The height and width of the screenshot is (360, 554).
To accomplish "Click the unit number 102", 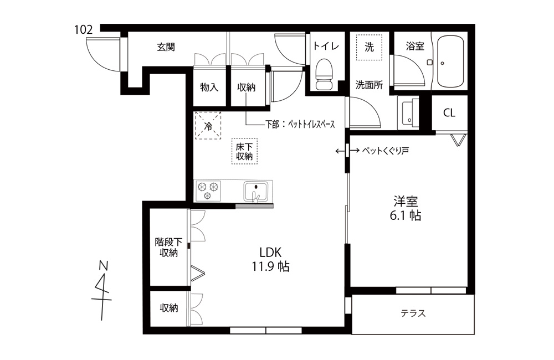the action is click(84, 30).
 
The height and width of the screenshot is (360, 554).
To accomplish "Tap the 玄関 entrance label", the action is click(166, 47).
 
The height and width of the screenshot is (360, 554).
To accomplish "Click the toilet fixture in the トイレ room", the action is click(324, 74).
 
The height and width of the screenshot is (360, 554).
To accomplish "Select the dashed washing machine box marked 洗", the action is click(369, 47).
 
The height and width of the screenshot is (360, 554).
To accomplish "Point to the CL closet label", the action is click(449, 112).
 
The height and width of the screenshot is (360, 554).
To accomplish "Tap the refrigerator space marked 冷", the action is click(208, 125).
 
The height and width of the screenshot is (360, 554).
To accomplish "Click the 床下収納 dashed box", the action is click(244, 151).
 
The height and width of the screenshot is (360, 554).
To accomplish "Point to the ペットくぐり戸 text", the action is click(386, 151).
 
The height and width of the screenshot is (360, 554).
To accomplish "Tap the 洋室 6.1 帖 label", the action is click(406, 208).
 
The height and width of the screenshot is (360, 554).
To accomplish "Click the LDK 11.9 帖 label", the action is click(270, 259).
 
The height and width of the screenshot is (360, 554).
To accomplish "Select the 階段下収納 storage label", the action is click(168, 248).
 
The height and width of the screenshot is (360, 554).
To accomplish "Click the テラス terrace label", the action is click(413, 313).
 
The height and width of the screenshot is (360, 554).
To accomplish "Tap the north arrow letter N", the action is click(103, 266).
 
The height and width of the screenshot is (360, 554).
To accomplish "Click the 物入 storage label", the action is click(209, 88).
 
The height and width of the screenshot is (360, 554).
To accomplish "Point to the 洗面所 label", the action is click(369, 85).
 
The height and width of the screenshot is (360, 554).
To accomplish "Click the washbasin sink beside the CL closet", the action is click(408, 112).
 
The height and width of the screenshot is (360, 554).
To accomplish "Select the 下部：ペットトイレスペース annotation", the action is click(300, 125).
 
